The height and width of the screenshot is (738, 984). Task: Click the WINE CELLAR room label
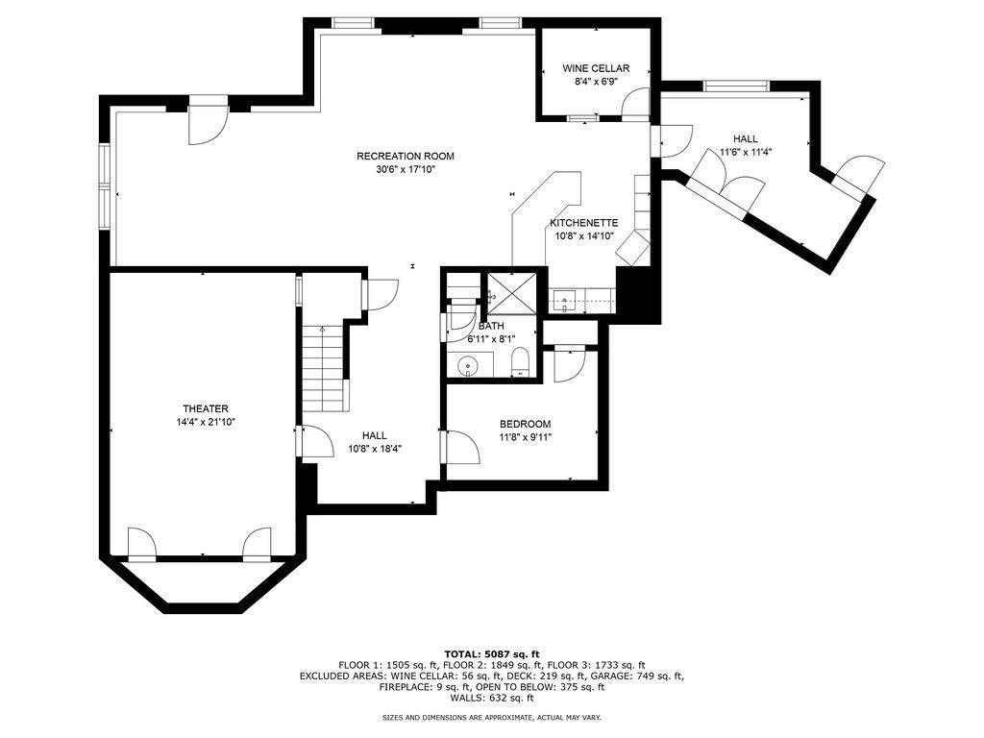[x=596, y=68]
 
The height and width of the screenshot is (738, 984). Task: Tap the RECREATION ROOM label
[x=405, y=157]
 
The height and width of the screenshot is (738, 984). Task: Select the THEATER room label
[x=206, y=409]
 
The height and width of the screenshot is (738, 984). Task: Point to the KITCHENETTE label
[x=583, y=223]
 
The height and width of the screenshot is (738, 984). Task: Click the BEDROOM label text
[x=526, y=424]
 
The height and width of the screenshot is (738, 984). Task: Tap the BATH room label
[x=491, y=327]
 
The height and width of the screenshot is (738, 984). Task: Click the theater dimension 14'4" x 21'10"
[x=206, y=423]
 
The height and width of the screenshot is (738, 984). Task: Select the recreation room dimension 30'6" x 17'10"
[x=405, y=169]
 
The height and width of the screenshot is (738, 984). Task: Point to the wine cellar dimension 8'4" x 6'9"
[x=596, y=82]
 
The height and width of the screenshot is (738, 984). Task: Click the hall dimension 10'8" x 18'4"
[x=375, y=449]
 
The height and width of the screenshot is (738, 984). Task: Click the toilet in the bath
[x=521, y=363]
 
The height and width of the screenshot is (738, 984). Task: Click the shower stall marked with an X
[x=512, y=293]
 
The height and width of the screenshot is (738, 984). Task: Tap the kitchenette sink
[x=564, y=300]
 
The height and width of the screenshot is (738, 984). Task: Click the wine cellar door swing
[x=634, y=102]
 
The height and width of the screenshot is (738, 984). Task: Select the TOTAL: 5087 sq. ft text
[x=491, y=653]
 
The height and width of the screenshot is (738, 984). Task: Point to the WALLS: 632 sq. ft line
[x=491, y=698]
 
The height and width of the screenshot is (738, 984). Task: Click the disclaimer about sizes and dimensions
[x=491, y=717]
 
